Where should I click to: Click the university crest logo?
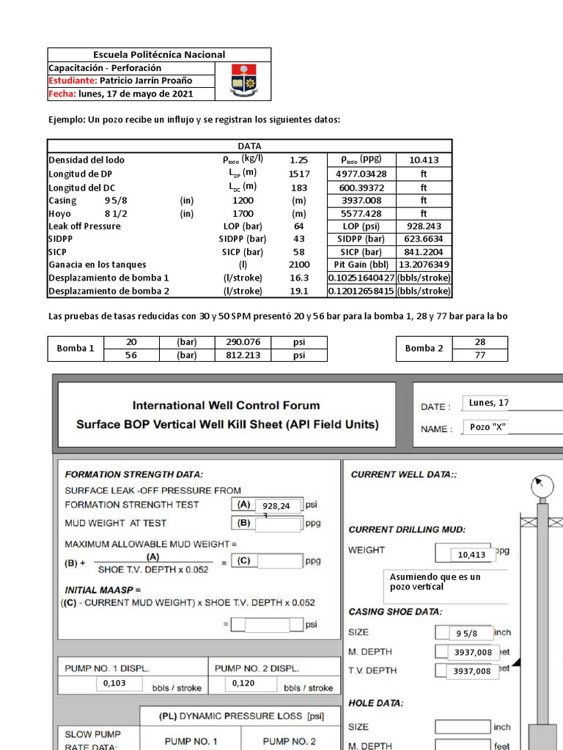[x=243, y=81]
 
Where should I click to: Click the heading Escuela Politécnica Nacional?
[x=159, y=55]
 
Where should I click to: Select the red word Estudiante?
[x=73, y=81]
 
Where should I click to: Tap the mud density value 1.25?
[x=299, y=160]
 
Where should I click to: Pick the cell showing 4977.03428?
[x=361, y=174]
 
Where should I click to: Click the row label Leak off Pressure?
[x=84, y=226]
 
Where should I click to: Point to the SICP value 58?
[x=299, y=251]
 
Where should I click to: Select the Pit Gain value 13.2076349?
[x=424, y=264]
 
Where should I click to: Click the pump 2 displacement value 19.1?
[x=299, y=291]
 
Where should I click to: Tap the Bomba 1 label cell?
[x=76, y=349]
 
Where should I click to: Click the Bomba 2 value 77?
[x=480, y=355]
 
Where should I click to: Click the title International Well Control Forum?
[x=226, y=405]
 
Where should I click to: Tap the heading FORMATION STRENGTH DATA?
[x=134, y=475]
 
